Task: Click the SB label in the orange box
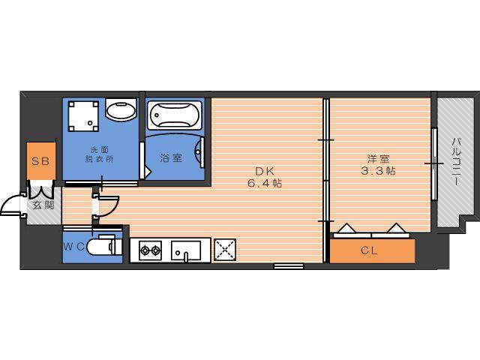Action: click(x=40, y=161)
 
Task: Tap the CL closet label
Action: click(x=369, y=250)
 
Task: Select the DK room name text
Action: click(x=265, y=171)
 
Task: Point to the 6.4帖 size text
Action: click(x=265, y=183)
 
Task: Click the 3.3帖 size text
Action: click(x=378, y=170)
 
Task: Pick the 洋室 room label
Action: click(x=378, y=159)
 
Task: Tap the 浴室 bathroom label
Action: click(x=171, y=158)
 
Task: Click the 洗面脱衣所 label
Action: click(x=100, y=154)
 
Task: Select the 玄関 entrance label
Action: click(x=43, y=205)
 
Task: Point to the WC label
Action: click(x=73, y=247)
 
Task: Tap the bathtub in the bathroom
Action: click(x=175, y=115)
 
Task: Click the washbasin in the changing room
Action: click(x=121, y=109)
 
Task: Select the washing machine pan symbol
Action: click(x=83, y=117)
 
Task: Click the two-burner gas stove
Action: click(x=150, y=250)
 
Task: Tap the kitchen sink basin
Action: click(x=186, y=250)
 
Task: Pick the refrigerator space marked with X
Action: click(x=225, y=250)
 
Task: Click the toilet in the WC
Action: click(x=103, y=245)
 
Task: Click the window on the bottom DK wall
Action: click(x=289, y=266)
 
